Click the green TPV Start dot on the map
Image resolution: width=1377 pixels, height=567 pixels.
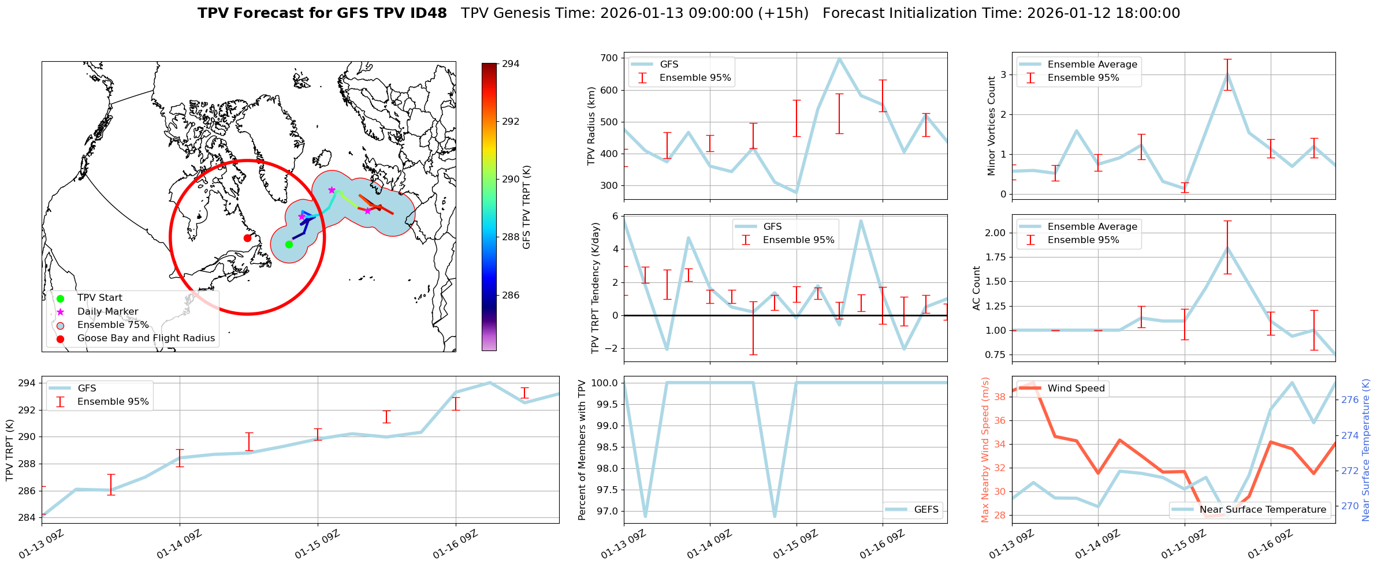pyautogui.click(x=289, y=244)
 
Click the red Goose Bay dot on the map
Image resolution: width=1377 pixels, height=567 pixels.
pyautogui.click(x=247, y=238)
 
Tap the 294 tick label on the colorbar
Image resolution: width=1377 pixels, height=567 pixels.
pyautogui.click(x=511, y=64)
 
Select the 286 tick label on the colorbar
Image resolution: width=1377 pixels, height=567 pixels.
pyautogui.click(x=511, y=295)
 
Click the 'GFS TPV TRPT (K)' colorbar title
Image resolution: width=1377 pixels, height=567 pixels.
pyautogui.click(x=526, y=207)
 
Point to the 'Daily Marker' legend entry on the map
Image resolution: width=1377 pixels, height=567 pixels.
pyautogui.click(x=107, y=311)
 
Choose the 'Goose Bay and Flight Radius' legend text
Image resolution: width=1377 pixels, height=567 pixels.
pyautogui.click(x=146, y=338)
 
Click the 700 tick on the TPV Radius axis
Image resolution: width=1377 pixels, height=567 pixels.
pyautogui.click(x=609, y=58)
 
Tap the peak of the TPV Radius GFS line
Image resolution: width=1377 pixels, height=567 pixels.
pyautogui.click(x=839, y=58)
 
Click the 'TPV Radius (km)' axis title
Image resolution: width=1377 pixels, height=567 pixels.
pyautogui.click(x=591, y=126)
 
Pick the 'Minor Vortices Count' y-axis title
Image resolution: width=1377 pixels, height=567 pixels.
pyautogui.click(x=991, y=126)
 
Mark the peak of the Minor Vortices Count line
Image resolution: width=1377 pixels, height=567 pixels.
pyautogui.click(x=1227, y=74)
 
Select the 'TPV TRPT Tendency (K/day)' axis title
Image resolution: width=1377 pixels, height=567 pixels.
pyautogui.click(x=596, y=288)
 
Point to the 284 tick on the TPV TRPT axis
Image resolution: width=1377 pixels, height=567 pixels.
pyautogui.click(x=27, y=517)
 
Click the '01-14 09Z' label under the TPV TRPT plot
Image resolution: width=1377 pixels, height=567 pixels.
pyautogui.click(x=179, y=544)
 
